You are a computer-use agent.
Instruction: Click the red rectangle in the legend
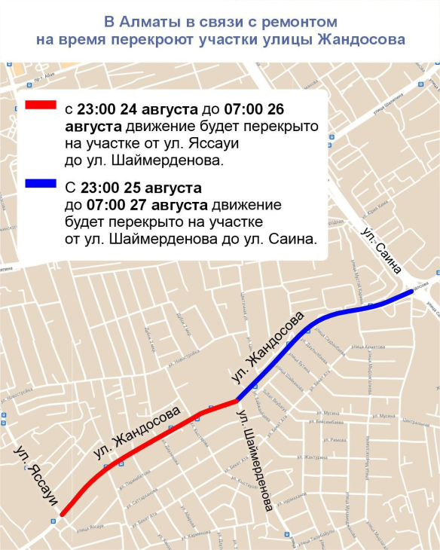(40, 105)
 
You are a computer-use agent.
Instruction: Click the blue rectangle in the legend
(40, 183)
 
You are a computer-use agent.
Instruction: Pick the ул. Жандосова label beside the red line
(138, 433)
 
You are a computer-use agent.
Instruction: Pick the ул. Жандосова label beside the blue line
(267, 344)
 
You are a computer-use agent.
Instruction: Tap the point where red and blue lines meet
(238, 400)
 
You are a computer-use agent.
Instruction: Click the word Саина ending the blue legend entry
(295, 240)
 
